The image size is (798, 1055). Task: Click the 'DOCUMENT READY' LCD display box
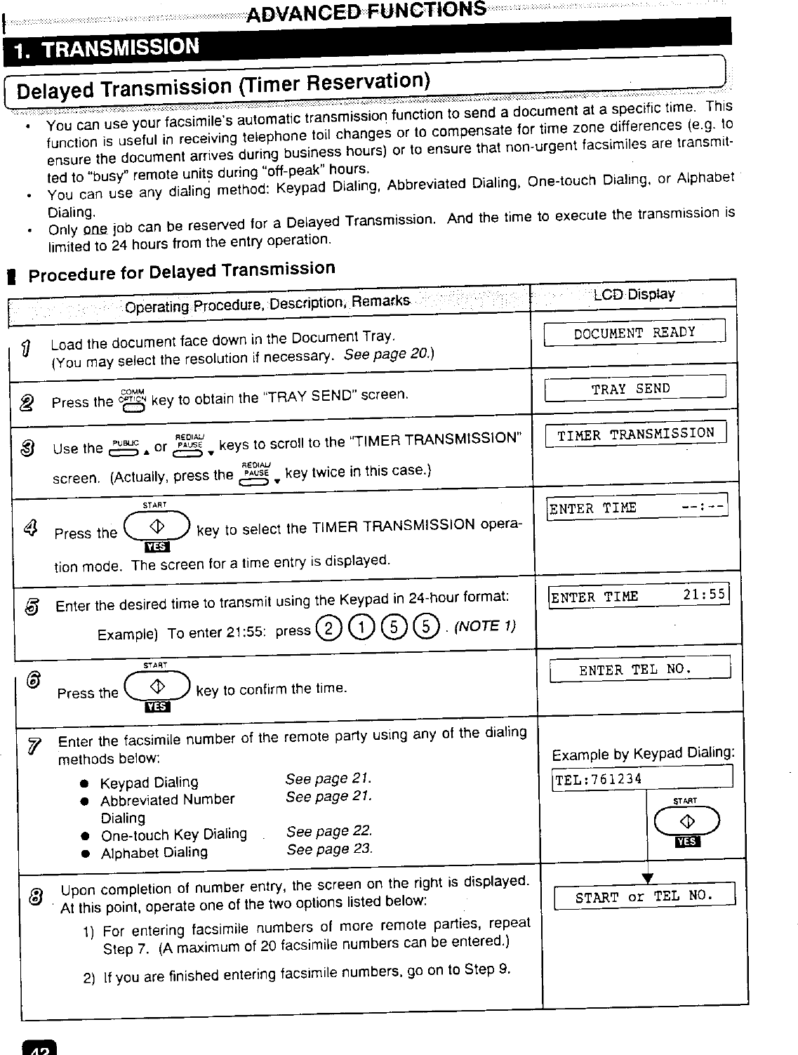click(x=634, y=332)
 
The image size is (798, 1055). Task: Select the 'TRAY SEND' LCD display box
click(x=634, y=388)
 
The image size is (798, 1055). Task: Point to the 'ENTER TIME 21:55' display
click(x=638, y=597)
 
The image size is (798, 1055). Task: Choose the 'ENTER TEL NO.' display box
click(x=639, y=669)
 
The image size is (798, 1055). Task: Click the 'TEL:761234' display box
click(x=642, y=779)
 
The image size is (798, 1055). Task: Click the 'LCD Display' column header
click(x=634, y=294)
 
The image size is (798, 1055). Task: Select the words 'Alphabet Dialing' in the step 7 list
click(x=154, y=853)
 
